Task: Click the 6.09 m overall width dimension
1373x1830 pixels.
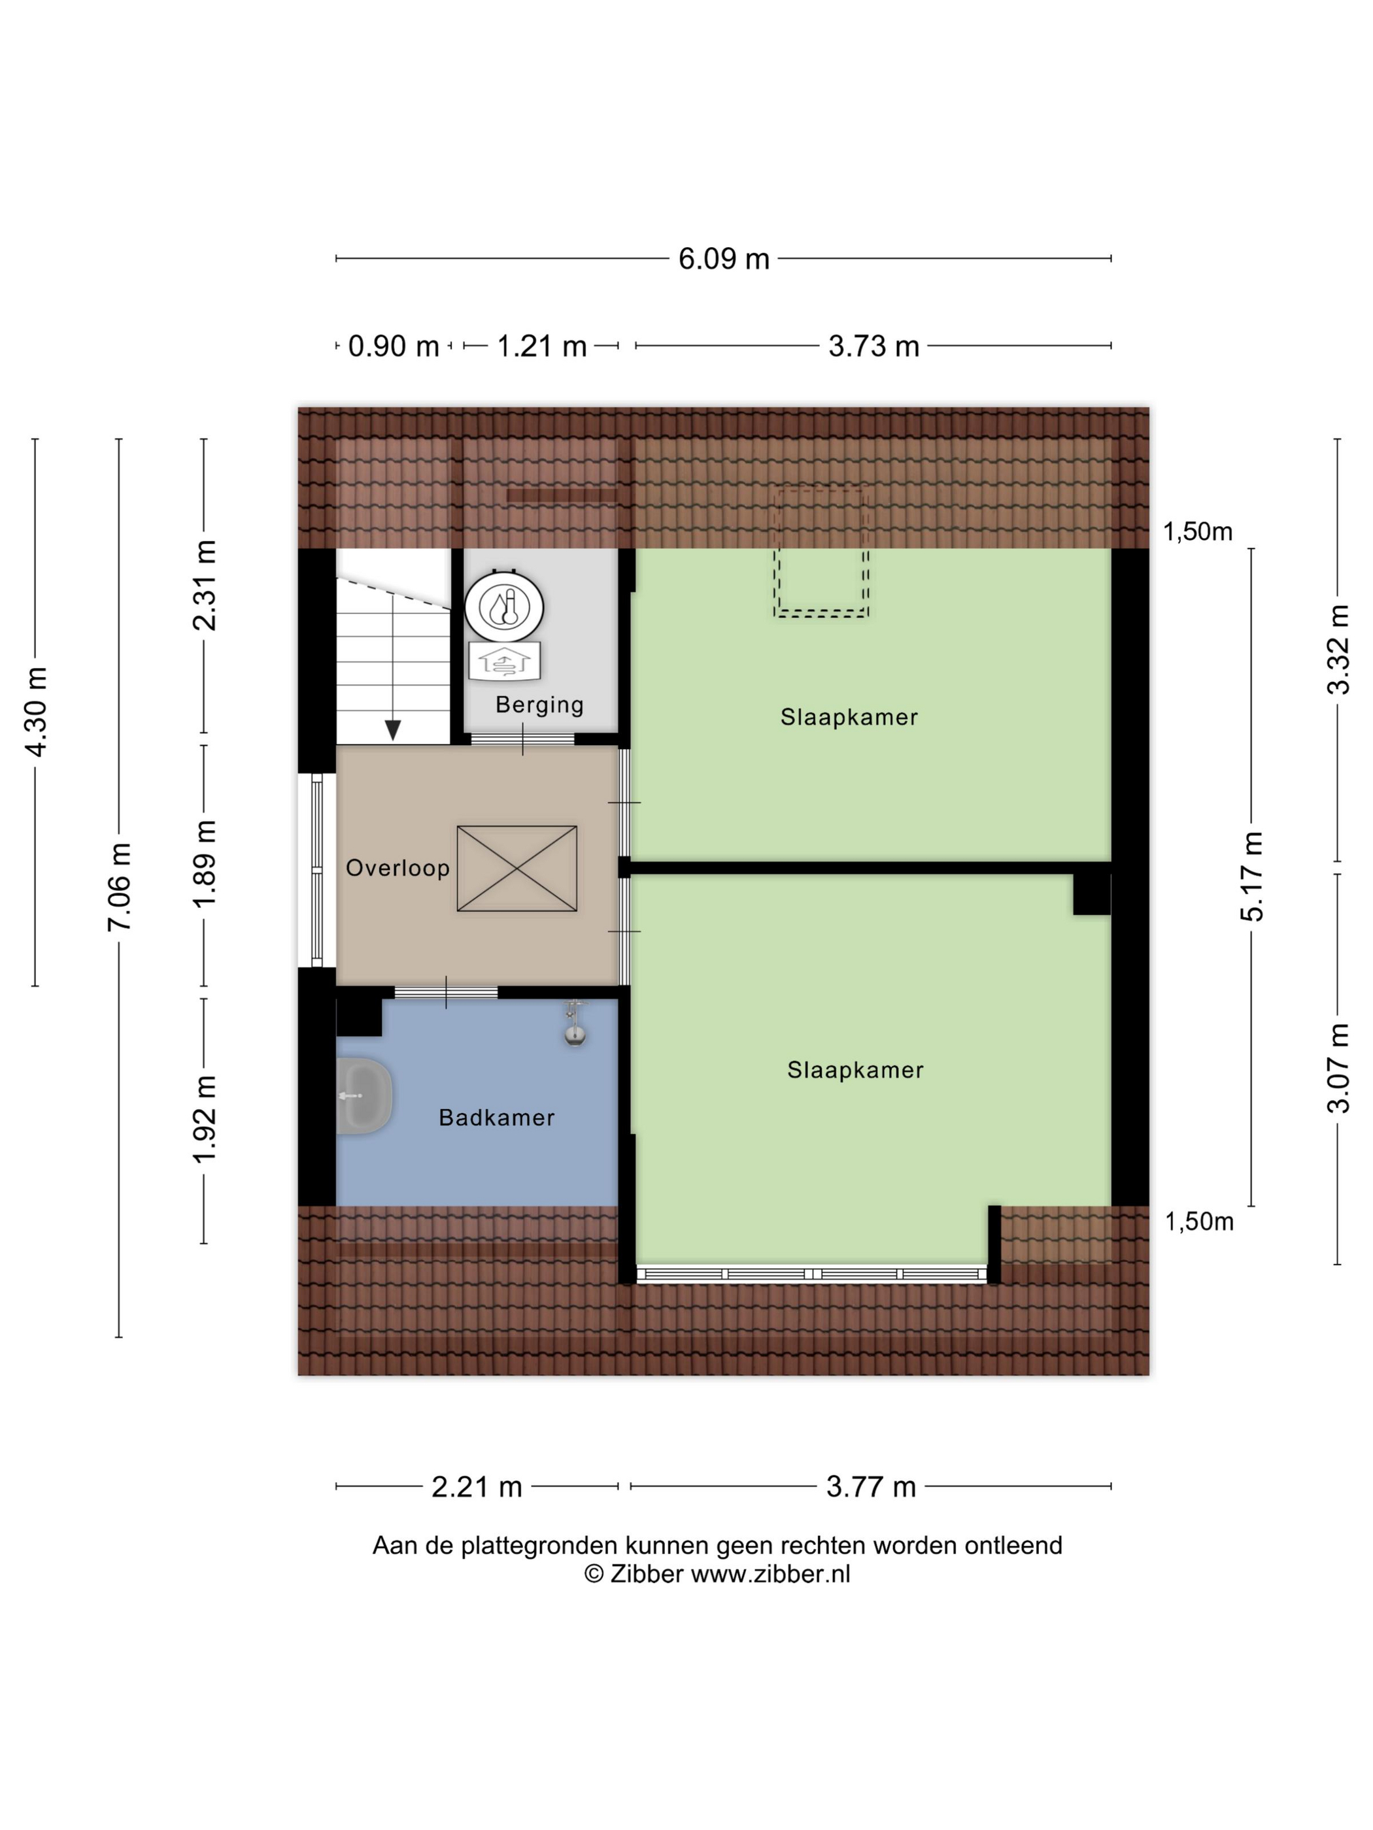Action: coord(723,259)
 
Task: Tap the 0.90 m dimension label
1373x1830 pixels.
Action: coord(393,346)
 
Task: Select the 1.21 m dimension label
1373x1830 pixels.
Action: coord(541,346)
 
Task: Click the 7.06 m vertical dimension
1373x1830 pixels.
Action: coord(119,887)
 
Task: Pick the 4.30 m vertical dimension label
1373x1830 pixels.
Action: coord(35,712)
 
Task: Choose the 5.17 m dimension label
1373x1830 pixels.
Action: coord(1252,877)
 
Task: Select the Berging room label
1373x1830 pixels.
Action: coord(539,705)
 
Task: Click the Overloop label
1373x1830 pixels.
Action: coord(398,868)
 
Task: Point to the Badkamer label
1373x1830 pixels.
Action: coord(496,1118)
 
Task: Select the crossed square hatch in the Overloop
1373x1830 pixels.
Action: coord(517,869)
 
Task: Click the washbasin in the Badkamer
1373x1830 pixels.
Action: coord(364,1096)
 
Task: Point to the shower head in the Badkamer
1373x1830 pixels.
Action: coord(574,1026)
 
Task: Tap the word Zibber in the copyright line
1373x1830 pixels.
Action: coord(647,1574)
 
